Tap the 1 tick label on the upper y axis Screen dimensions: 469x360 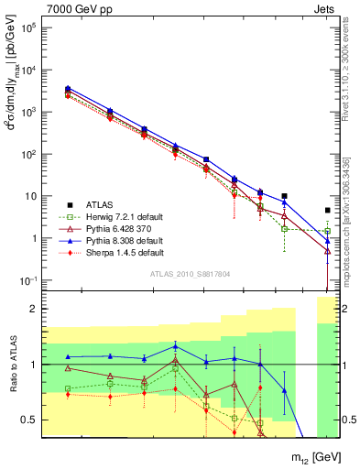pos(33,238)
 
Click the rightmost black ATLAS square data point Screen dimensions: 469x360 pos(328,210)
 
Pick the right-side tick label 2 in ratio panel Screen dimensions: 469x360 pos(348,310)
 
